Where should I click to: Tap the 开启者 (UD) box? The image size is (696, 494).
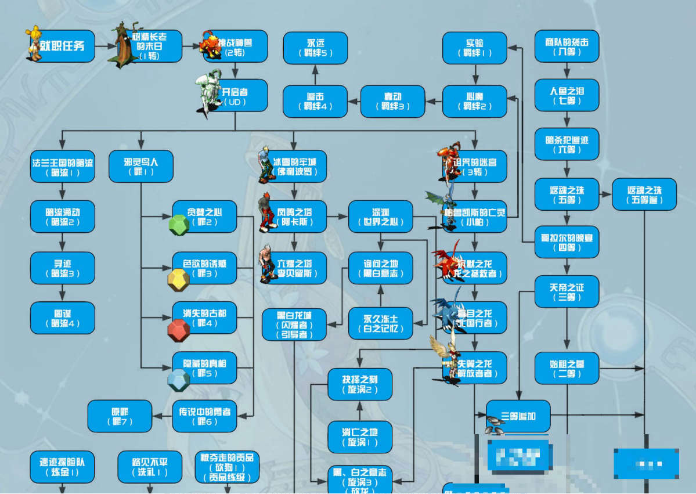[x=236, y=96]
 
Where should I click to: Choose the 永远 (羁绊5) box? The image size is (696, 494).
[x=315, y=48]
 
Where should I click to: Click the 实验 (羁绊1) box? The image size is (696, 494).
[x=474, y=48]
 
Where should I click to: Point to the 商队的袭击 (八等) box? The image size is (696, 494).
[x=566, y=46]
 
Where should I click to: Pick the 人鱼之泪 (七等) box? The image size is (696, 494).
[x=566, y=95]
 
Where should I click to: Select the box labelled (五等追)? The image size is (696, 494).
[x=644, y=194]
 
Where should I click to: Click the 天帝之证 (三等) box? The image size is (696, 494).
[x=566, y=291]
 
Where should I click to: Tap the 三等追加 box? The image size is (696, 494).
[x=518, y=416]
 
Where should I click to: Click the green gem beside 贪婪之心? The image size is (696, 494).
[x=179, y=225]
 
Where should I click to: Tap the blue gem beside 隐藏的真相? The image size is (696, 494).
[x=178, y=380]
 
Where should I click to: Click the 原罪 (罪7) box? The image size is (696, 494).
[x=120, y=416]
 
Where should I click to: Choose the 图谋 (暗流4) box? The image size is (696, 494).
[x=62, y=318]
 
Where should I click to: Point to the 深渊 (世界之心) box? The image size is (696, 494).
[x=380, y=217]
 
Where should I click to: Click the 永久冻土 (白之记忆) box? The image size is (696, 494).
[x=380, y=323]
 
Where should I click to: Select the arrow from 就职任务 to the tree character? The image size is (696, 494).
[x=102, y=46]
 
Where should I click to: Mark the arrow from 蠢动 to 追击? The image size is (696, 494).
[x=354, y=102]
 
